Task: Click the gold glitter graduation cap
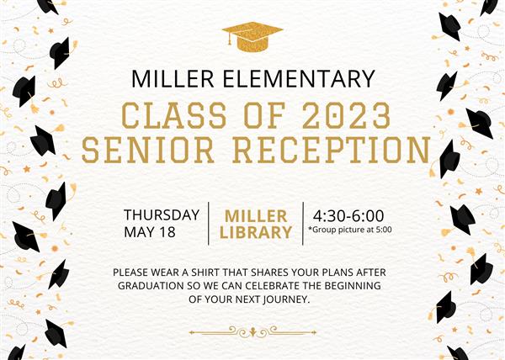point(252,36)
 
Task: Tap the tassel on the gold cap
point(230,39)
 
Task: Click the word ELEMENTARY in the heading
point(299,78)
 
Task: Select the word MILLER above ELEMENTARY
point(173,78)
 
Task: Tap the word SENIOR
point(148,150)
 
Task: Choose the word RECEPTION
point(332,150)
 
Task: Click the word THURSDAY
point(162,214)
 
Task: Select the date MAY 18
point(150,232)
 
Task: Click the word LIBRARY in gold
point(256,232)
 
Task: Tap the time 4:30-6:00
point(348,216)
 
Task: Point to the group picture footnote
point(350,230)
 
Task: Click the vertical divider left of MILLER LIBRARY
point(209,224)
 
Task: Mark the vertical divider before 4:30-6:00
point(303,224)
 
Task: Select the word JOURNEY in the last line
point(287,299)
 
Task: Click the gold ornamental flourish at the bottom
point(252,332)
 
